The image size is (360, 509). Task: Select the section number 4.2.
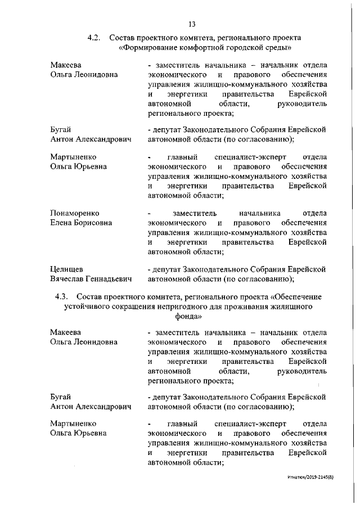pyautogui.click(x=93, y=38)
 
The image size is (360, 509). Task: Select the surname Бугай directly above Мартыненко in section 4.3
pyautogui.click(x=61, y=397)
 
